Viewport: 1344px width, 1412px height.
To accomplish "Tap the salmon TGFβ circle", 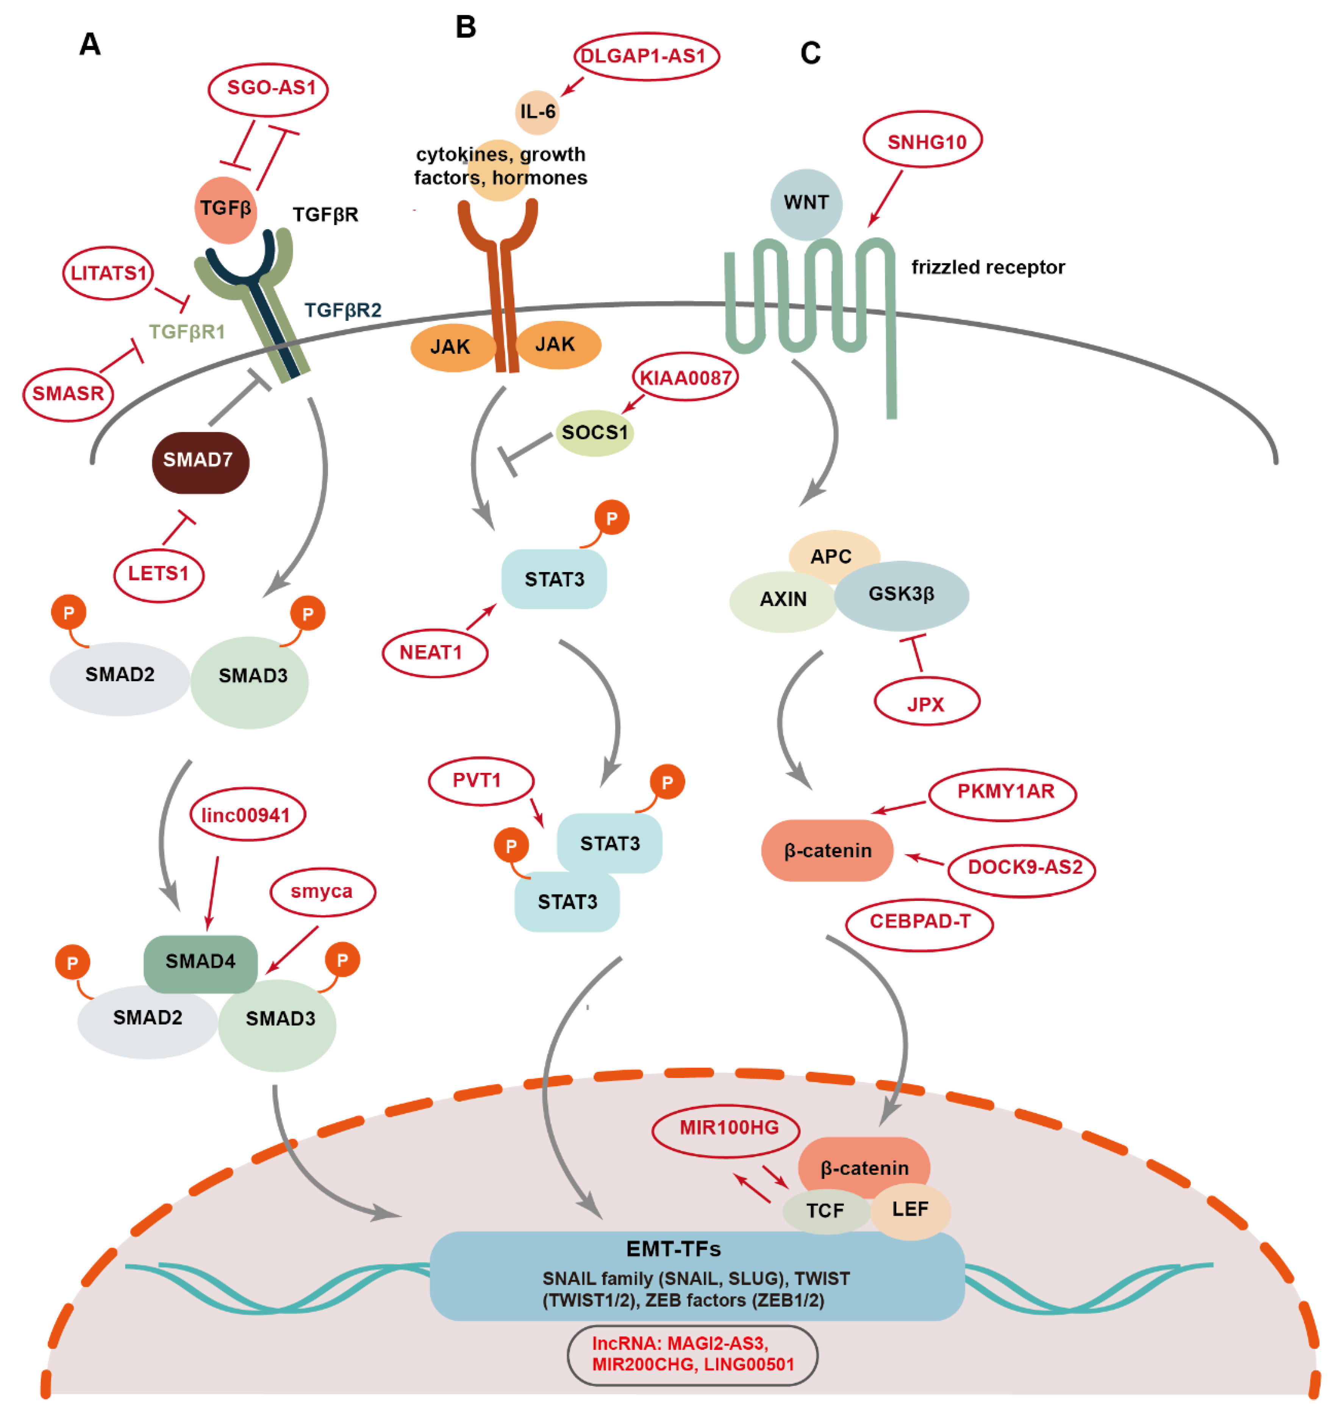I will click(226, 209).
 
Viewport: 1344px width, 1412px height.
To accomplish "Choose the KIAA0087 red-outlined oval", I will click(685, 378).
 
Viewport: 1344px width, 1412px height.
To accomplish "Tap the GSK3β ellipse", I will click(901, 594).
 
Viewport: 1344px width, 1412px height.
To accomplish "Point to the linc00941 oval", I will click(247, 815).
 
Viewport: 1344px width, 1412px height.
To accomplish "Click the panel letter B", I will click(466, 27).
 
